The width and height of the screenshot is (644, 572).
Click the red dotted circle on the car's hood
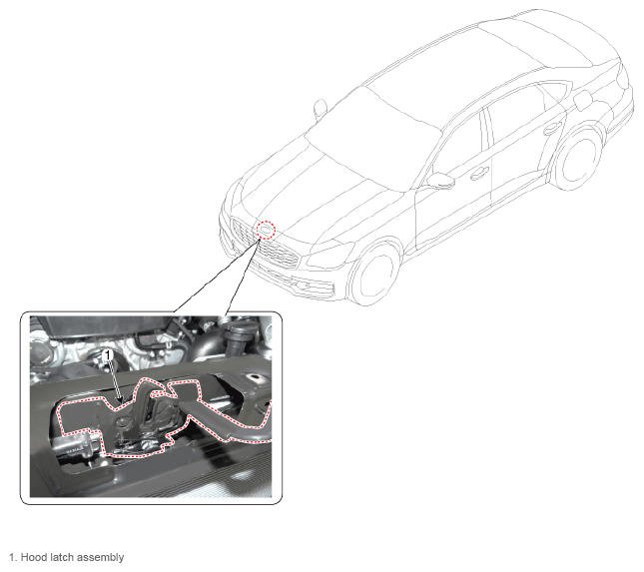tap(266, 230)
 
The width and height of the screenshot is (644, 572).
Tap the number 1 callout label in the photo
tap(108, 355)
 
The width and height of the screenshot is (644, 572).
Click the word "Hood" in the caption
tap(32, 557)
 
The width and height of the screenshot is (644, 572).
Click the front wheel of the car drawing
tap(374, 275)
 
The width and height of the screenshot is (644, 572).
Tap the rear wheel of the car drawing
tap(578, 159)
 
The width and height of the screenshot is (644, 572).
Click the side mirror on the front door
tap(440, 181)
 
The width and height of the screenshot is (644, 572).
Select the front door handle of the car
tap(479, 174)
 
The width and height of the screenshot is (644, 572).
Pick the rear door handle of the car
tap(552, 129)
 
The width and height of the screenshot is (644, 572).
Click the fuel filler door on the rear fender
tap(583, 101)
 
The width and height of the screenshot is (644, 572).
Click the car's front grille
tap(265, 244)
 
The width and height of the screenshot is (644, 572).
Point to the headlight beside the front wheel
tap(329, 255)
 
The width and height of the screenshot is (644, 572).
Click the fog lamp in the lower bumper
tap(303, 285)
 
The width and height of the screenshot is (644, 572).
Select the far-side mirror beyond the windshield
tap(321, 107)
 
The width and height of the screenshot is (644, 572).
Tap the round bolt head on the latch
tap(123, 421)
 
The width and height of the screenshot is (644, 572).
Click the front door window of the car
tap(458, 144)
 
